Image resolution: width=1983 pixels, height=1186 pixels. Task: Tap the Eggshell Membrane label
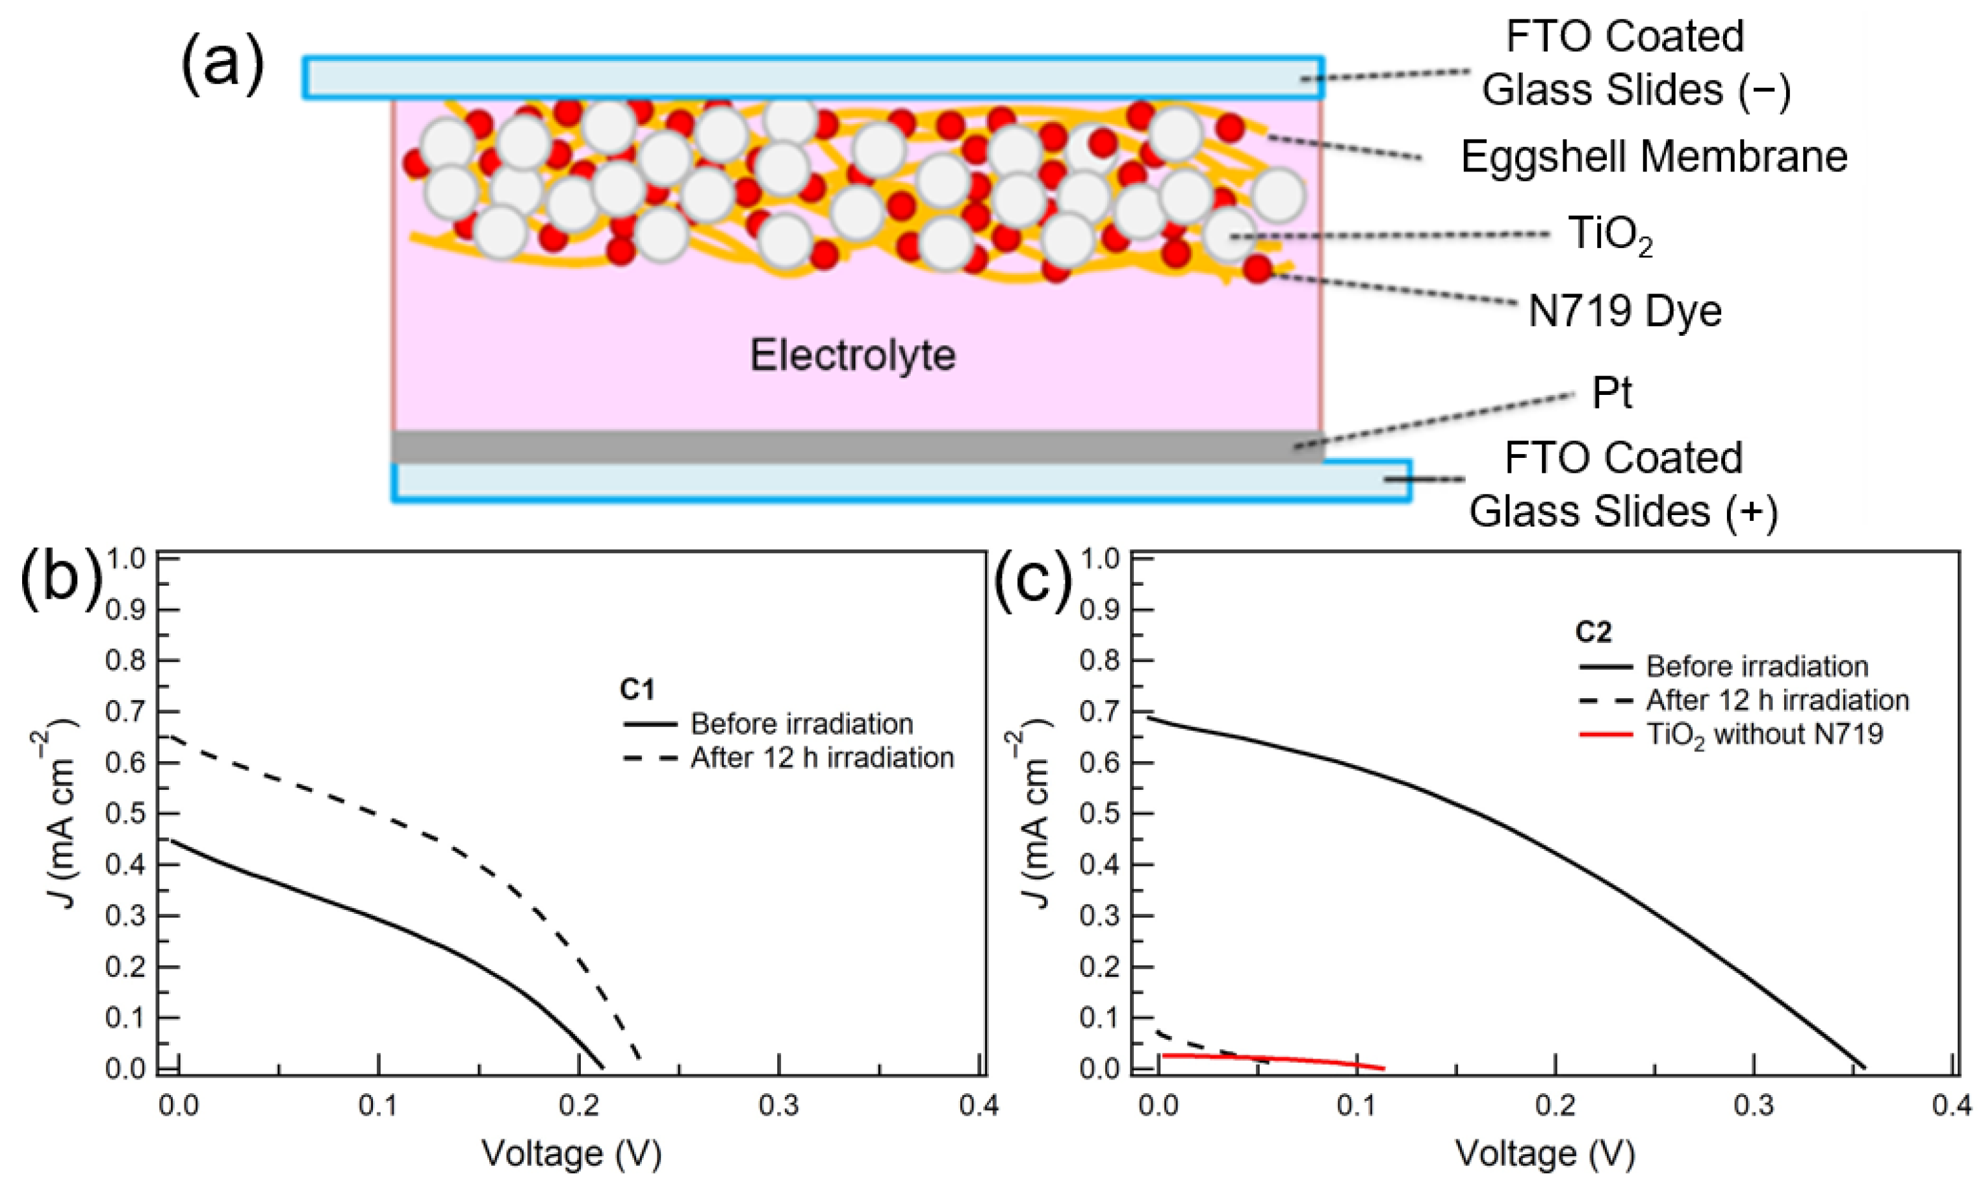[1654, 157]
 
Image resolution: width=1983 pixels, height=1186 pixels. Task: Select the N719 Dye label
[1624, 311]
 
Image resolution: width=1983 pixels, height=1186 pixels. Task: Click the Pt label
[1611, 392]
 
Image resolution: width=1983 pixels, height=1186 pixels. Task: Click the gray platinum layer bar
[855, 447]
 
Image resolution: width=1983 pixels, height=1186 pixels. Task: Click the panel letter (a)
[222, 66]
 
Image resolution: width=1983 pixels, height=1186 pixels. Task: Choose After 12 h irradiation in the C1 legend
[822, 757]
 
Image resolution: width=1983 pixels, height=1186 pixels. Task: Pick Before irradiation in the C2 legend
[1757, 666]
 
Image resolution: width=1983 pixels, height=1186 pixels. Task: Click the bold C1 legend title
[637, 689]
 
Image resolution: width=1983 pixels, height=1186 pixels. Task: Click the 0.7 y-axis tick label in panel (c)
[1101, 711]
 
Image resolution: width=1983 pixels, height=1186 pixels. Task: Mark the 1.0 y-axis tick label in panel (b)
[126, 559]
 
